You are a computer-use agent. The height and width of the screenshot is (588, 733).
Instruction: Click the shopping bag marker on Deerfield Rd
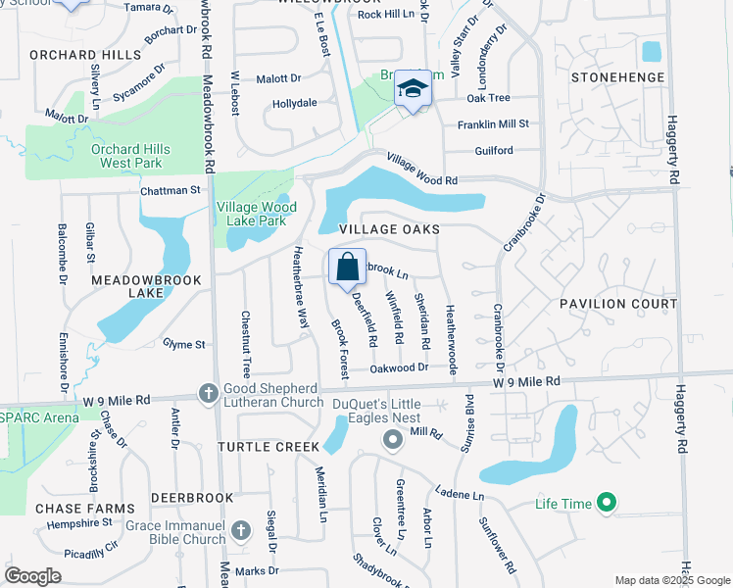click(347, 267)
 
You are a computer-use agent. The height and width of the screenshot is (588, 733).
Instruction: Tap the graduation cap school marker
click(413, 90)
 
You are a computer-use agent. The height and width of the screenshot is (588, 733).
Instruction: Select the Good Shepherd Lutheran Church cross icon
click(208, 393)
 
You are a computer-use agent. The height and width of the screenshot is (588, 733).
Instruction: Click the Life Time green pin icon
click(607, 504)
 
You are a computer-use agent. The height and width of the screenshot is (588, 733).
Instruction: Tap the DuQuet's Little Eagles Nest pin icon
click(392, 439)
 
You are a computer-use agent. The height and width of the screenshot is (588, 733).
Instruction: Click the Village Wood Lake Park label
click(256, 215)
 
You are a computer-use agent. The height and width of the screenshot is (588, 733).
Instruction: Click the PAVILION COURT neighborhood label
click(619, 304)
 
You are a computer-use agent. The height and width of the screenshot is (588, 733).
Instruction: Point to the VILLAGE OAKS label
click(388, 229)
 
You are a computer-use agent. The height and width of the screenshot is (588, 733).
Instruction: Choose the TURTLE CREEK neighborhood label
click(269, 447)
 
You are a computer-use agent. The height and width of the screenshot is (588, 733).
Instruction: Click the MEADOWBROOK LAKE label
click(146, 286)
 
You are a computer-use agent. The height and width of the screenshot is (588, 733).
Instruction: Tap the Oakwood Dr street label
click(400, 367)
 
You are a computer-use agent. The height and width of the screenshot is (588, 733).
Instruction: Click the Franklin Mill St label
click(493, 124)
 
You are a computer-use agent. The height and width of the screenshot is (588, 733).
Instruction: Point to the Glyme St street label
click(184, 345)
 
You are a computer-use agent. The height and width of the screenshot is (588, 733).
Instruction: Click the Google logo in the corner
click(32, 576)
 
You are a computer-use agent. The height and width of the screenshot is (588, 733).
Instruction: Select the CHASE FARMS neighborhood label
click(84, 509)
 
